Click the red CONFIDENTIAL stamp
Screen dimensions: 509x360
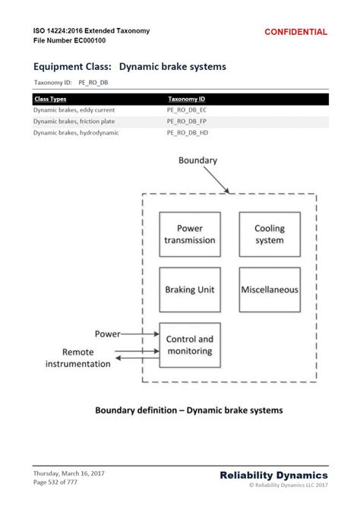pos(295,32)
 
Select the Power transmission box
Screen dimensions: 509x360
pos(190,234)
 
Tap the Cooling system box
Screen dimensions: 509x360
pos(269,234)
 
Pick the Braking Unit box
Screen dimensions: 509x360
pos(190,289)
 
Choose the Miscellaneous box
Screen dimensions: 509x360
pos(269,289)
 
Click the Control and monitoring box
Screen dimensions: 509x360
pos(190,345)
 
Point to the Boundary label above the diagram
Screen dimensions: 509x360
pos(197,160)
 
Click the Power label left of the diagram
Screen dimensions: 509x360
pos(108,334)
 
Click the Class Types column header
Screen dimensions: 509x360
pos(50,99)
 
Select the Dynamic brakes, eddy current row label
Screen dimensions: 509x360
pos(74,110)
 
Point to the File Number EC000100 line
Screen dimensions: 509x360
pos(69,40)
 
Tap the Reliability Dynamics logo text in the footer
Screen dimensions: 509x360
pos(273,475)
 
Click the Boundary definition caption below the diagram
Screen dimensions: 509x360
pos(188,410)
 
